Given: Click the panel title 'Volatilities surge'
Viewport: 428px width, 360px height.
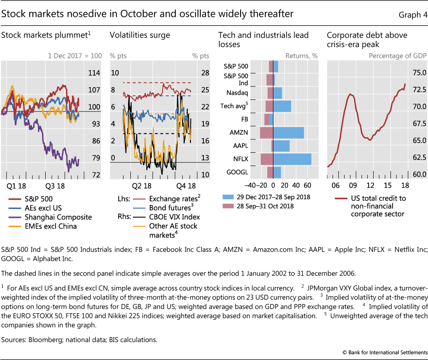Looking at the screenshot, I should coord(140,35).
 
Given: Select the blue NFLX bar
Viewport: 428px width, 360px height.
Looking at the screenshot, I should coord(292,159).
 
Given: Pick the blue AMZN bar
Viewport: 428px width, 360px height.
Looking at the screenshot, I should coord(288,132).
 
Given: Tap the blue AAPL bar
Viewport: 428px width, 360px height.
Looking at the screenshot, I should coord(281,146).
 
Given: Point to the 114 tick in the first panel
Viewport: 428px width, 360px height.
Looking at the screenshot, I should coord(94,73).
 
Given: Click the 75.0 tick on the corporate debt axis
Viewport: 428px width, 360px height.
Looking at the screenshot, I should coord(419,73).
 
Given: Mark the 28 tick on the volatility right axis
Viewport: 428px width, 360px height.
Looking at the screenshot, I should coord(205,73).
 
